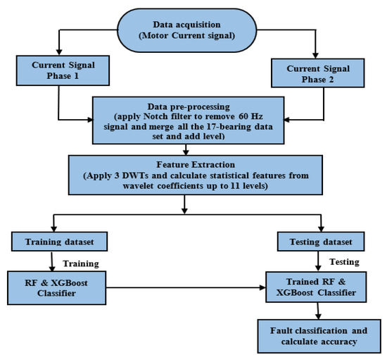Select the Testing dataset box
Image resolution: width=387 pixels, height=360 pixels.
click(x=320, y=242)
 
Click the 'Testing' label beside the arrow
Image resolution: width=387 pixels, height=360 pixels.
click(x=345, y=261)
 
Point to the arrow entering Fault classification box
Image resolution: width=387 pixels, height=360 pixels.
click(x=318, y=311)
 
